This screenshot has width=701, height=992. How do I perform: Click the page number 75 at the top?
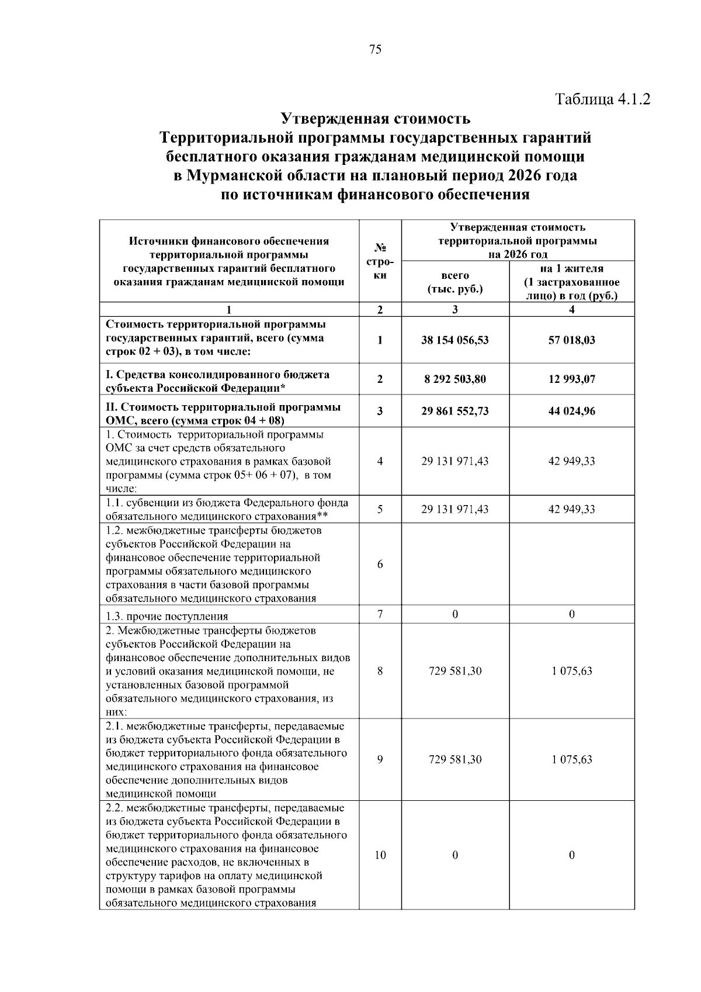tap(376, 50)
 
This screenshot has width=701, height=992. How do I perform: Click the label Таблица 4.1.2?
tap(602, 98)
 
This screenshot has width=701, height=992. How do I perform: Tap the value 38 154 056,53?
tap(454, 340)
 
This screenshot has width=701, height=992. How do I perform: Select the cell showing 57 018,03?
tap(571, 340)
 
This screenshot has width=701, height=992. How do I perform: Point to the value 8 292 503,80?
tap(454, 379)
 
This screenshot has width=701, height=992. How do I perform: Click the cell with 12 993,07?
tap(571, 379)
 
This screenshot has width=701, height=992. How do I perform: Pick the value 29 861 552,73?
tap(454, 411)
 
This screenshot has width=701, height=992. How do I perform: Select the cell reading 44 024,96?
tap(571, 411)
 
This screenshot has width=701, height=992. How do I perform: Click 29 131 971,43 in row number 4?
tap(454, 461)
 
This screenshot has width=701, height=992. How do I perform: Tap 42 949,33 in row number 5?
tap(571, 509)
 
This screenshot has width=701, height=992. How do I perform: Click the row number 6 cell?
tap(380, 564)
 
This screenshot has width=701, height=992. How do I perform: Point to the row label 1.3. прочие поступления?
tap(167, 616)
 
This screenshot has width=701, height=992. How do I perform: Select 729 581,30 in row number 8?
tap(454, 671)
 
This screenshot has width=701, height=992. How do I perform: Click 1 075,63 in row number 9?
tap(571, 759)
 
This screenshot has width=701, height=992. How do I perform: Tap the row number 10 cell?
tap(380, 855)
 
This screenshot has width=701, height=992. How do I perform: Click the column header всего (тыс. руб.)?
tap(454, 282)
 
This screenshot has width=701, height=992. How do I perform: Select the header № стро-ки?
tap(380, 262)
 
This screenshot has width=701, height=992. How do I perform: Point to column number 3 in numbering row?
tap(454, 310)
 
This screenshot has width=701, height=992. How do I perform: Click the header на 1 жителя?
tap(571, 269)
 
